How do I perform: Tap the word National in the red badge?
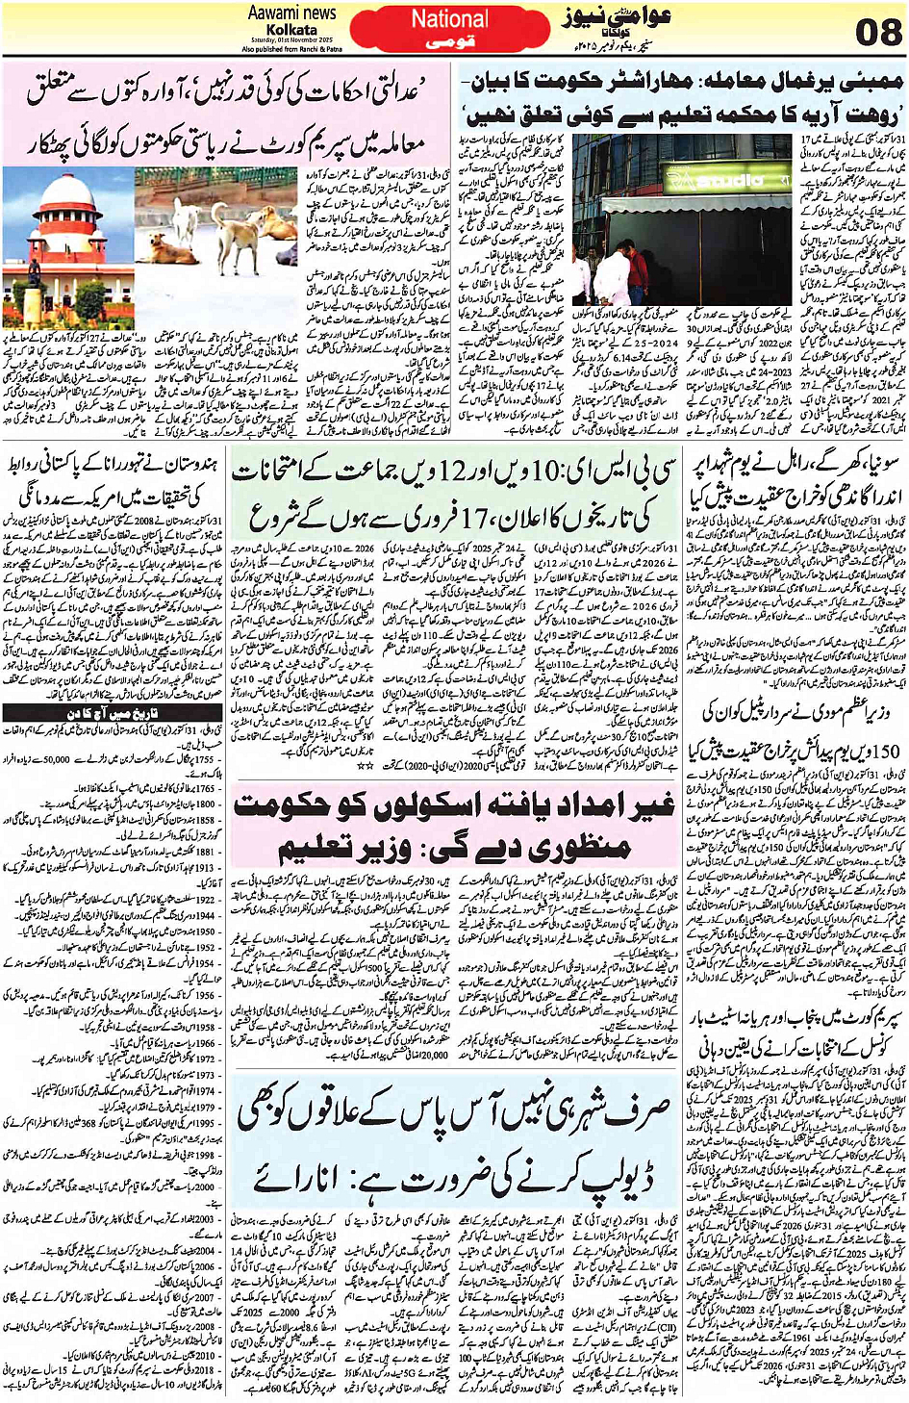pyautogui.click(x=448, y=18)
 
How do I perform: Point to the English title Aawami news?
pyautogui.click(x=292, y=13)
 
